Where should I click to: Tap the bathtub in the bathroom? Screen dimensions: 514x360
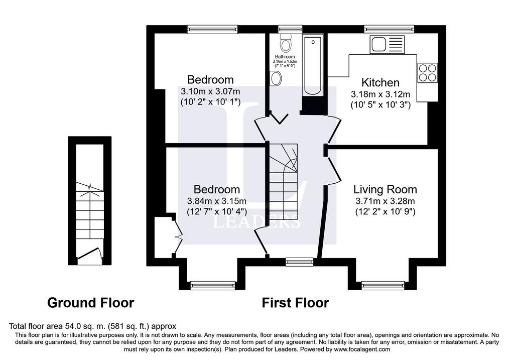coord(313,66)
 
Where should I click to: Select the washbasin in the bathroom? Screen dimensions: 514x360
coord(276,79)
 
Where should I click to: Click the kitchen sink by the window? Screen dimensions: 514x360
coord(388,44)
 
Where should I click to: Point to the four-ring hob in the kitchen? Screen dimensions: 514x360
coord(428,72)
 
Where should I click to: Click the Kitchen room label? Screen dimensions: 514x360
coord(380,82)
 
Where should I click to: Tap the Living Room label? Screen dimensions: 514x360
coord(385,189)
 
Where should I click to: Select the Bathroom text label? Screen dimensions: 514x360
coord(285,57)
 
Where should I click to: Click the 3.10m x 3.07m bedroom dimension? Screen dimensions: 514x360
coord(210,91)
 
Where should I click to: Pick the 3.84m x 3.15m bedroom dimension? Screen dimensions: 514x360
coord(217,201)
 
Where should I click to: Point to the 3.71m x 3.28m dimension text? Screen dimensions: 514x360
coord(385,201)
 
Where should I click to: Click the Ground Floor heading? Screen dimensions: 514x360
coord(90,303)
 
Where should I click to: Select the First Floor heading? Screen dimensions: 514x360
coord(295,303)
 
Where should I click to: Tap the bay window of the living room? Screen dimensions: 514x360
coord(382,285)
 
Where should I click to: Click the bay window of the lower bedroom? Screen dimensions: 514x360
coord(213,285)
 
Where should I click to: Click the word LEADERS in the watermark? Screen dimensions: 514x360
coord(256,222)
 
